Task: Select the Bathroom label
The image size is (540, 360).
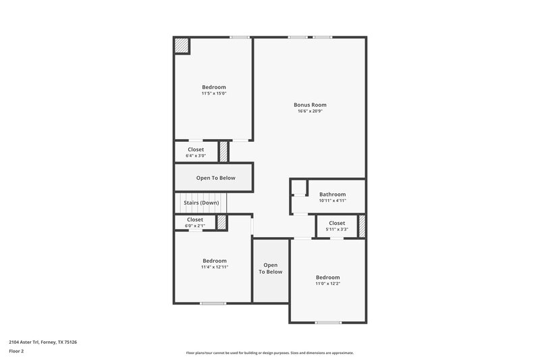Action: pos(332,195)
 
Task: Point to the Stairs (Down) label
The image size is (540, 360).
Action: pos(200,203)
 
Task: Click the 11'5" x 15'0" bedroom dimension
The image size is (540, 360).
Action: pos(214,93)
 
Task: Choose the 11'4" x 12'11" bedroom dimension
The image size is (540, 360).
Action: pos(214,267)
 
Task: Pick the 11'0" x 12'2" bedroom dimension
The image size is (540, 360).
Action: pos(328,284)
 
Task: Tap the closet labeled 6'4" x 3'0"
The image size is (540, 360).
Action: pos(196,156)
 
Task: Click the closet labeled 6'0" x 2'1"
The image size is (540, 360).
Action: pos(195,226)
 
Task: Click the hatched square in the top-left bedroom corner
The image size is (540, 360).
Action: pos(182,45)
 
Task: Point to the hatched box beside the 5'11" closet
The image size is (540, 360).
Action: pos(362,225)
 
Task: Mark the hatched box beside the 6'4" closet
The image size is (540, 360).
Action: pos(224,152)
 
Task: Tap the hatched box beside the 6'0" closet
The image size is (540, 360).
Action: pos(221,223)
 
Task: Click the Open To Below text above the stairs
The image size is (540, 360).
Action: pos(214,178)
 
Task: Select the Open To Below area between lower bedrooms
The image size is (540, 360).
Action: pos(270,268)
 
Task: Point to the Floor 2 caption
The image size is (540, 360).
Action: pos(16,351)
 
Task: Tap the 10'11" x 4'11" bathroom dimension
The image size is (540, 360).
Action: pos(332,201)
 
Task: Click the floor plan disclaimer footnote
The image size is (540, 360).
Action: pos(269,353)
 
